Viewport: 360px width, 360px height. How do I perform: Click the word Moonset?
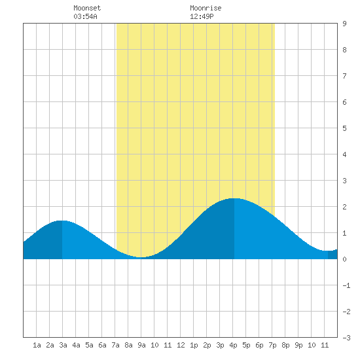[87, 8]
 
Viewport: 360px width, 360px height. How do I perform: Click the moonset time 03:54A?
[85, 16]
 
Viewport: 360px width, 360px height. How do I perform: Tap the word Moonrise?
[206, 8]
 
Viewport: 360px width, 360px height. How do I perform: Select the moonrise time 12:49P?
[202, 16]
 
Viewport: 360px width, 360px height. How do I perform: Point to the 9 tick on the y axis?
[344, 24]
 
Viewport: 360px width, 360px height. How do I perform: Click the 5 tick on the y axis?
[344, 128]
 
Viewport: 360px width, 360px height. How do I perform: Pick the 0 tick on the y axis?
[344, 259]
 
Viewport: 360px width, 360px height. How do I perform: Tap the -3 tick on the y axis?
[346, 338]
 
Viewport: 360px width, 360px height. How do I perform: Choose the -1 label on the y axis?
[346, 285]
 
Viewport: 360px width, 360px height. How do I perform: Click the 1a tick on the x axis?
[37, 345]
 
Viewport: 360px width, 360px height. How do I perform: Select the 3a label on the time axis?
[63, 345]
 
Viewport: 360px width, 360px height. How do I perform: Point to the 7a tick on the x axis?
[115, 345]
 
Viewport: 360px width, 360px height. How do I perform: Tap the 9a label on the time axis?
[141, 345]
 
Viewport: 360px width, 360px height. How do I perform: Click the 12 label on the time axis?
[181, 345]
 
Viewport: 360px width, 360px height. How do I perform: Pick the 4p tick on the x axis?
[233, 345]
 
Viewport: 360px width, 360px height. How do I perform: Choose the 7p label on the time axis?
[272, 345]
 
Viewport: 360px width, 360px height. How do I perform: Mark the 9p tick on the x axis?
[298, 345]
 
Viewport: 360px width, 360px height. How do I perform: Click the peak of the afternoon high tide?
[234, 198]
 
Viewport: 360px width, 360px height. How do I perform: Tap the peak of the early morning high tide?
[62, 221]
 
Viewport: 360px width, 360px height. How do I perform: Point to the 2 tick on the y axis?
[344, 207]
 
